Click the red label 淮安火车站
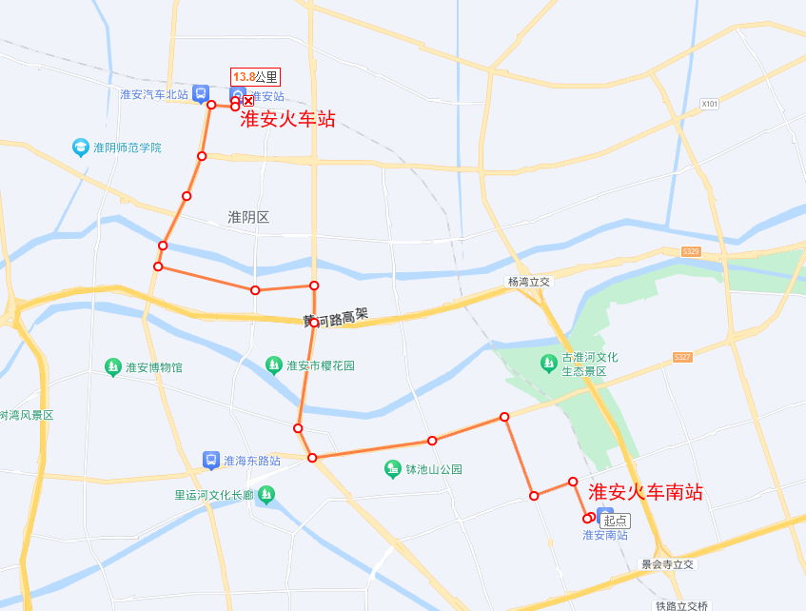click(x=287, y=119)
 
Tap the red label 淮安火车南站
click(x=646, y=492)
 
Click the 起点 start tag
click(x=615, y=521)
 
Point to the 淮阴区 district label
click(x=248, y=217)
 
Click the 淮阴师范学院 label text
click(x=128, y=148)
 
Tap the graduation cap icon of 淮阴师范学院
click(x=81, y=147)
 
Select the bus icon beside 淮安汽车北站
click(x=200, y=93)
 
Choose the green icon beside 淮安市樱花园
click(x=274, y=365)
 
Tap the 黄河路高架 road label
click(x=335, y=318)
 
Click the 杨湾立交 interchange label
click(x=529, y=283)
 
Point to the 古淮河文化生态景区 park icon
click(x=548, y=363)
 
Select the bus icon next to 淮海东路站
click(x=211, y=461)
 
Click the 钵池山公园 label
click(x=434, y=469)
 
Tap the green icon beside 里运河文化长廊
click(x=266, y=494)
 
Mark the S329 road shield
click(x=691, y=251)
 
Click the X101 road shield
click(x=708, y=104)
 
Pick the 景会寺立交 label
click(x=668, y=564)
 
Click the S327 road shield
click(x=681, y=357)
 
